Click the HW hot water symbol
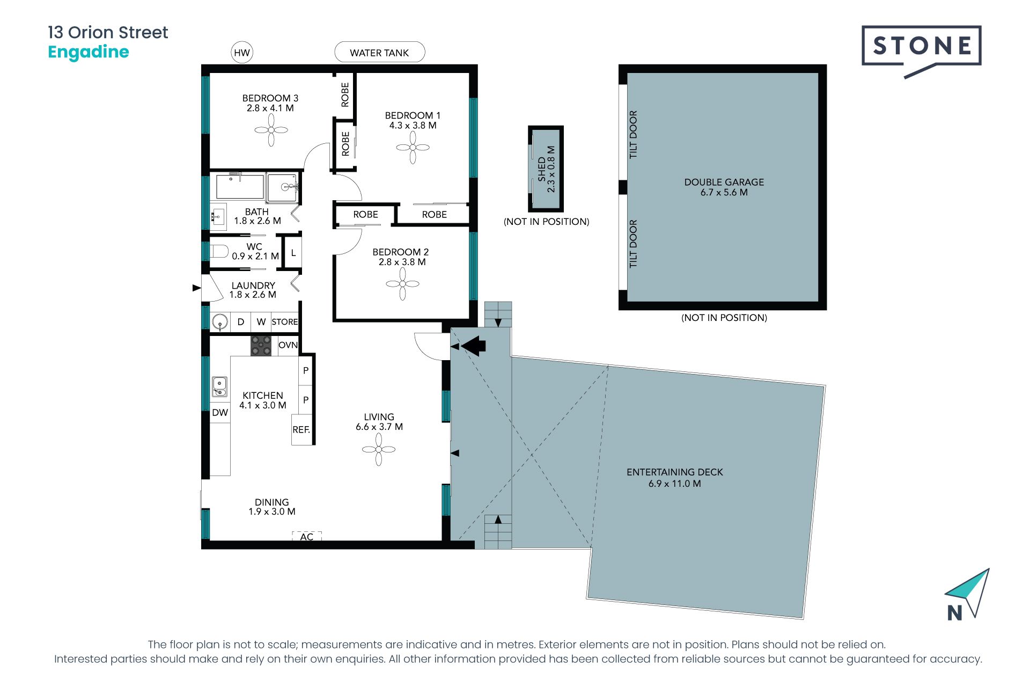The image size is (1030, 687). point(242,53)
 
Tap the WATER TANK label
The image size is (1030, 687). point(379,53)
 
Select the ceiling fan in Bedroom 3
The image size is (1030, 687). point(271,130)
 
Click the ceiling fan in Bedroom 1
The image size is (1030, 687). point(413,147)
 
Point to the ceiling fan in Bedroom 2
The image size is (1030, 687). point(402,283)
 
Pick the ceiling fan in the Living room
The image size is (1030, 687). point(379,449)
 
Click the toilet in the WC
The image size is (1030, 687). point(219,251)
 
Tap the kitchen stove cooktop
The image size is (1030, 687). point(261,346)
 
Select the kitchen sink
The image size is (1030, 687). point(219,386)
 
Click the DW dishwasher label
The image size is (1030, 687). point(220,412)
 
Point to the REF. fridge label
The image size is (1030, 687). point(301,429)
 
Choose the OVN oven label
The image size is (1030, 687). point(288,345)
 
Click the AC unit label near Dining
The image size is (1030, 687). point(307,537)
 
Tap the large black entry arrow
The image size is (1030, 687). point(474,346)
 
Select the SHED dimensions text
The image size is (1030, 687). point(551,169)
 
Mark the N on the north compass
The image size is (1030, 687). point(954,613)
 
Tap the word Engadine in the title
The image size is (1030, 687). point(89,52)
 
